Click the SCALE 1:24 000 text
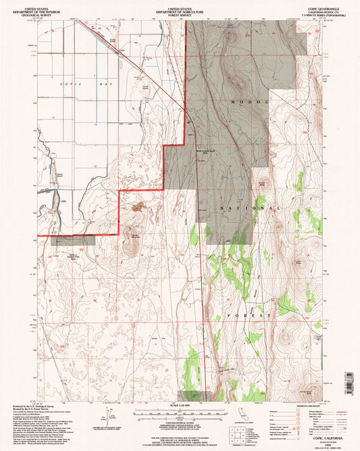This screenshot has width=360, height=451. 173,405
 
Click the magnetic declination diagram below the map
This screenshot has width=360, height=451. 107,413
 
